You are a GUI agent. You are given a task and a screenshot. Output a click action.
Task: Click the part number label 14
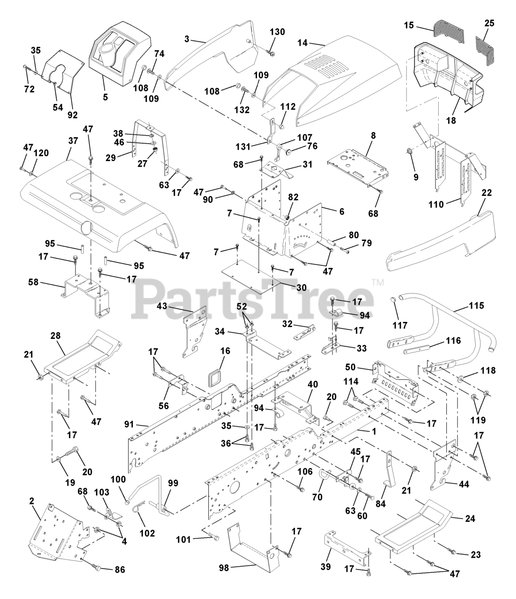302,42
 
